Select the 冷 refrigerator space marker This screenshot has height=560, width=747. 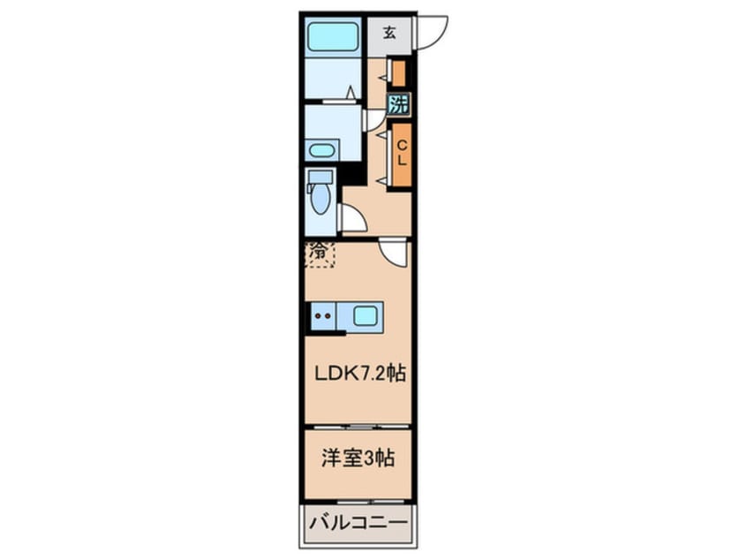pyautogui.click(x=320, y=254)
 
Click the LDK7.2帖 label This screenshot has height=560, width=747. pyautogui.click(x=360, y=374)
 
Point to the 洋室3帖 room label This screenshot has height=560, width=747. pyautogui.click(x=357, y=458)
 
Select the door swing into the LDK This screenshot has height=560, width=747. pyautogui.click(x=392, y=252)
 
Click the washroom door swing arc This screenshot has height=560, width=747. pyautogui.click(x=373, y=119)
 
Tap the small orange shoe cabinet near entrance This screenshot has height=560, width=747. pyautogui.click(x=399, y=72)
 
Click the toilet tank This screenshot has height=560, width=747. pyautogui.click(x=317, y=180)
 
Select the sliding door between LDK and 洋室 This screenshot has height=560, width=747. pyautogui.click(x=358, y=426)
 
